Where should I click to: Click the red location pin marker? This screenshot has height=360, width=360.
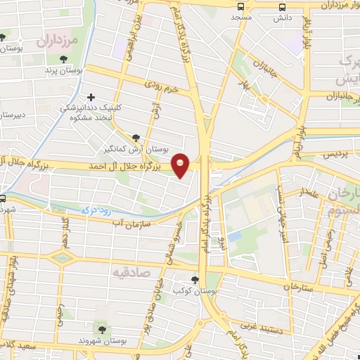tap(181, 165)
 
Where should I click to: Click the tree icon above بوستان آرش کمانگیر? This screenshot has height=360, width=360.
tap(136, 138)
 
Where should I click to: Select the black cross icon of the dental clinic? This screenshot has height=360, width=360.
tap(89, 97)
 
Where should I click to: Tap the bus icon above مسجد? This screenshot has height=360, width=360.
tap(242, 6)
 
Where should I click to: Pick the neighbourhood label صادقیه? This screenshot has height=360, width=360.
tap(131, 270)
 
